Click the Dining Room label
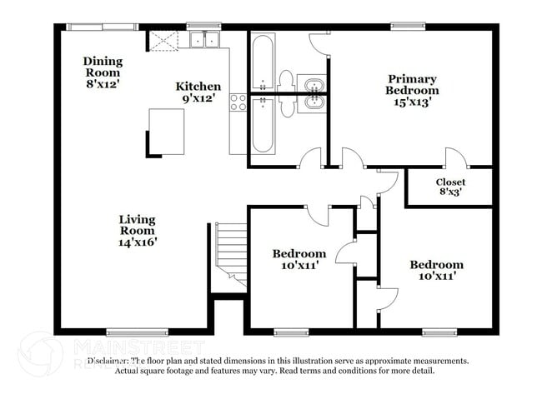pos(103,67)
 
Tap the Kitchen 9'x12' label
pos(198,92)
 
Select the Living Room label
pos(137,231)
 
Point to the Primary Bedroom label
pos(412,90)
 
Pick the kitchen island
pos(166,132)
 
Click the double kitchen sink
pos(203,39)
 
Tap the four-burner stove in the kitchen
pos(238,102)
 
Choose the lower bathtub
pos(263,125)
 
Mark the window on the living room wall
pos(131,332)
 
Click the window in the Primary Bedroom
pos(408,26)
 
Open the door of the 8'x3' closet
pos(454,158)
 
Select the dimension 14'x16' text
pos(137,242)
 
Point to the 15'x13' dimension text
pos(412,102)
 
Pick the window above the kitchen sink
pos(203,26)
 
